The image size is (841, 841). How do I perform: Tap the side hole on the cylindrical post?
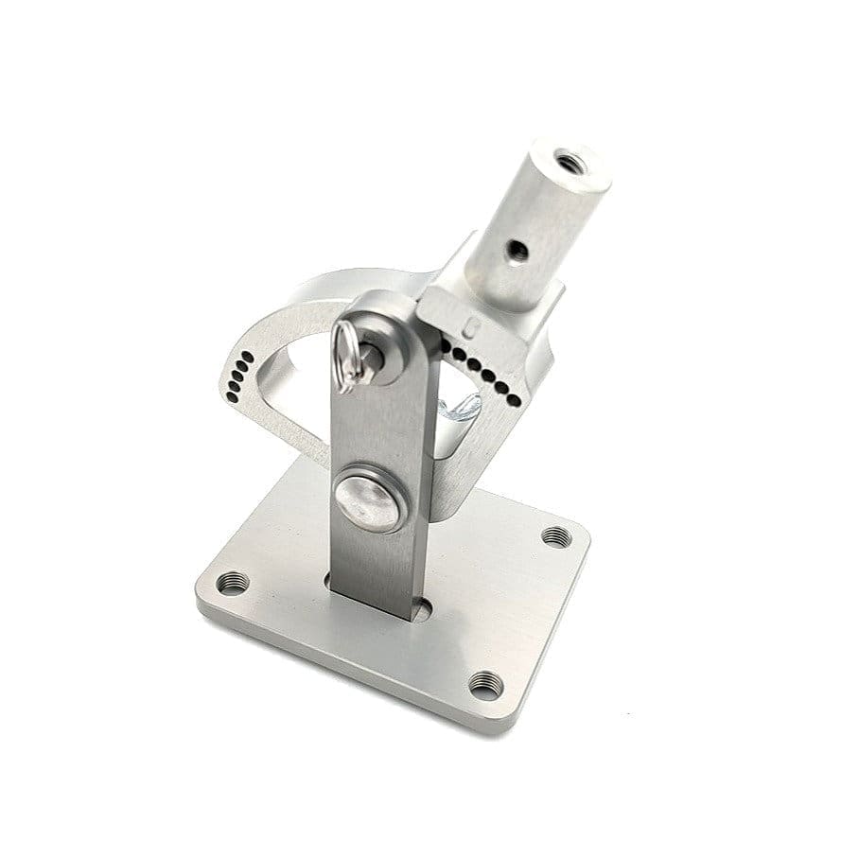pyautogui.click(x=516, y=250)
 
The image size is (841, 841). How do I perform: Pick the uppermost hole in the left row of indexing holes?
pyautogui.click(x=251, y=356)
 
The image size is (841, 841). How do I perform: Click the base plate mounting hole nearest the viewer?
pyautogui.click(x=485, y=684)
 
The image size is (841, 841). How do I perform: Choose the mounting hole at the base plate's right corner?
pyautogui.click(x=556, y=536)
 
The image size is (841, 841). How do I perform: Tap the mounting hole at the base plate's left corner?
pyautogui.click(x=232, y=583)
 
